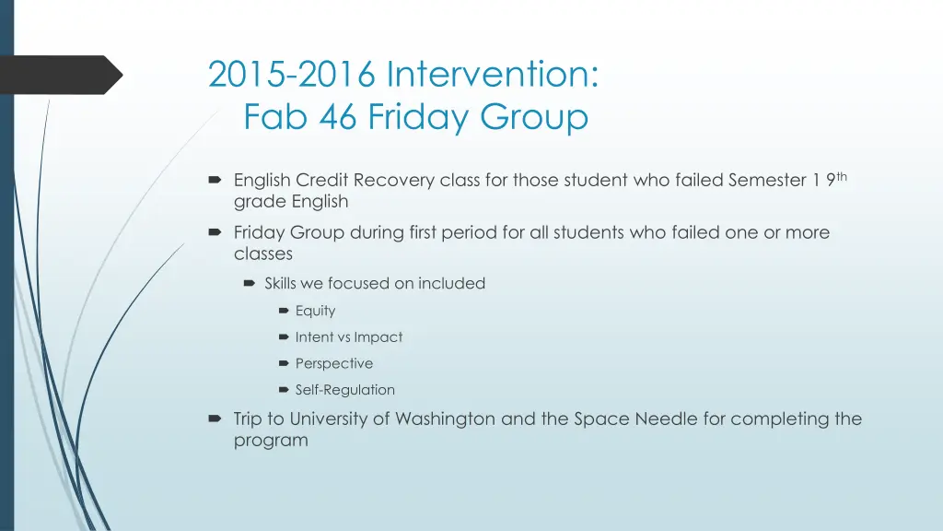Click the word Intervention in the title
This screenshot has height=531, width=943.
(492, 74)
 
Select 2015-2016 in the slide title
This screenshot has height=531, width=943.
(292, 74)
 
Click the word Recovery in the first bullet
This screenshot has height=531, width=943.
(394, 180)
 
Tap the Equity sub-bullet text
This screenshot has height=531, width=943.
(315, 311)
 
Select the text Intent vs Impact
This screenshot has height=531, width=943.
(348, 337)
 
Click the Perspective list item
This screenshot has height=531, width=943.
(333, 363)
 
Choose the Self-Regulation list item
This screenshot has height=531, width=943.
(344, 390)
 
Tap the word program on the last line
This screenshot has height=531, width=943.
(271, 440)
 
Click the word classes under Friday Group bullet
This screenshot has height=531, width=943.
(262, 254)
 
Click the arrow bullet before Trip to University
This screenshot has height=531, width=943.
(215, 419)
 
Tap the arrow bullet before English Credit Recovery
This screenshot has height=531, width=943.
(215, 180)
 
